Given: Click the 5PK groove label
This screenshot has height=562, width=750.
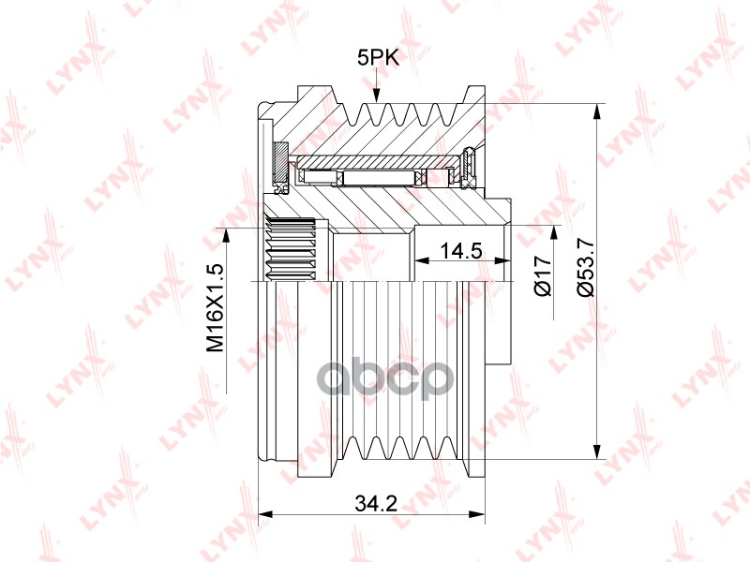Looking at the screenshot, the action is (x=378, y=58).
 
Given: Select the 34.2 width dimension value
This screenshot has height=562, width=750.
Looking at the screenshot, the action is (x=377, y=503).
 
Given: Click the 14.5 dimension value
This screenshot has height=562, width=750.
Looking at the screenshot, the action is (x=460, y=250).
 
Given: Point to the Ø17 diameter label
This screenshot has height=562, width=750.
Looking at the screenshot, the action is (x=543, y=275).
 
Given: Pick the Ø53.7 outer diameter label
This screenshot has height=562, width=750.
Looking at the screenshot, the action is (x=585, y=267).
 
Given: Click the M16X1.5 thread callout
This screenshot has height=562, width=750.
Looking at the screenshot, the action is (x=216, y=308).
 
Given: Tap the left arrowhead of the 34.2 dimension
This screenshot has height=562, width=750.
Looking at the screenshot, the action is (x=265, y=514).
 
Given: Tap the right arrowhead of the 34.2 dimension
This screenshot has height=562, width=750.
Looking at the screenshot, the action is (x=477, y=514).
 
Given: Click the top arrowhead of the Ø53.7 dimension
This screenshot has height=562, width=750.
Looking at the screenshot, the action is (x=596, y=111).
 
